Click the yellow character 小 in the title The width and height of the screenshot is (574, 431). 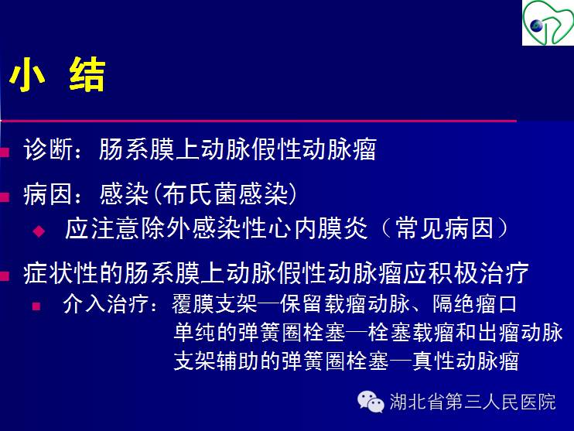click(27, 75)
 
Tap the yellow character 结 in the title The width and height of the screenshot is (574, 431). click(87, 74)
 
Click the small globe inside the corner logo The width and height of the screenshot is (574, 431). click(536, 26)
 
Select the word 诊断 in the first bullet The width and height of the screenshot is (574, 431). click(48, 149)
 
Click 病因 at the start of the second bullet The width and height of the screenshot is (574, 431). click(48, 193)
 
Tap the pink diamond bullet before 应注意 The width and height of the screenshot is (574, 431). click(39, 231)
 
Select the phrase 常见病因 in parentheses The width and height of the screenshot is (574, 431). click(445, 228)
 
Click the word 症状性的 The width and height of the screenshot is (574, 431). click(73, 273)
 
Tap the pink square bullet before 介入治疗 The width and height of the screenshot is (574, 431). click(36, 306)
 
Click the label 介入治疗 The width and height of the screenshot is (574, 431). click(106, 304)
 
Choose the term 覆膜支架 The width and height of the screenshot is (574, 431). click(215, 304)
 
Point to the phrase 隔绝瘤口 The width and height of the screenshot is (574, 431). click(475, 304)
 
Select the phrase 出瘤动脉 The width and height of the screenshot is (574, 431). click(520, 332)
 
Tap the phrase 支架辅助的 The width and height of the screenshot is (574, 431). click(227, 361)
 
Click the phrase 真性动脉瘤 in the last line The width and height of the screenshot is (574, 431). click(466, 361)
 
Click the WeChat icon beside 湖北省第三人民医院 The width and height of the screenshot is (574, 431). click(371, 402)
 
